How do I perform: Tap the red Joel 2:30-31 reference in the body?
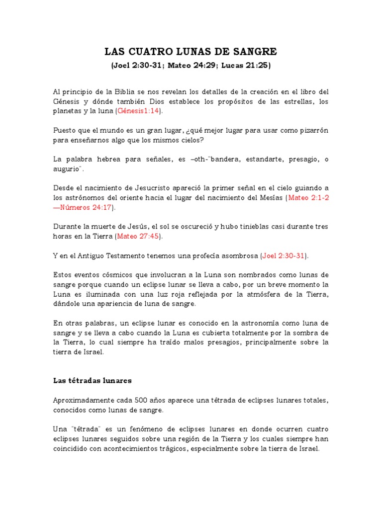point(284,255)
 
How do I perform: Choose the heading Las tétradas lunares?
point(92,381)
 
